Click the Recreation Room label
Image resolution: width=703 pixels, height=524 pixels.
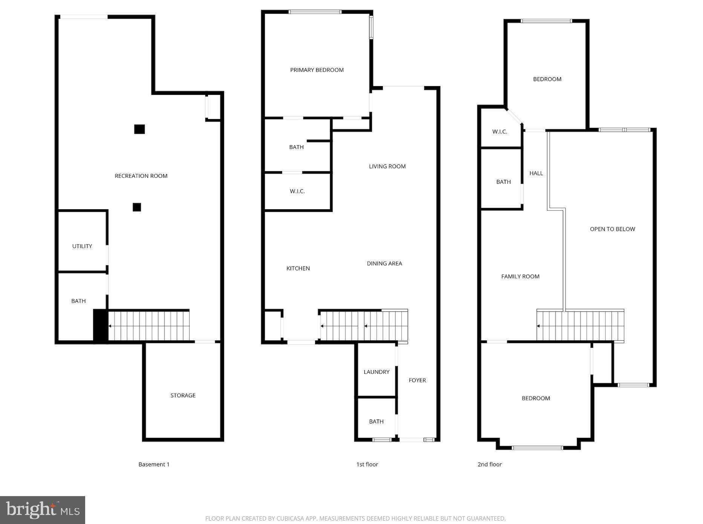(141, 176)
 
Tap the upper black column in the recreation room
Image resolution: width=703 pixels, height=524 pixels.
(139, 129)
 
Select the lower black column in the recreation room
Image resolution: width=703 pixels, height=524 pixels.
(137, 207)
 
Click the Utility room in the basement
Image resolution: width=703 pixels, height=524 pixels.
(82, 246)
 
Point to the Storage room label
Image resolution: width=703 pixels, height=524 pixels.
(183, 395)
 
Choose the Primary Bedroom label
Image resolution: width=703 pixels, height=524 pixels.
(317, 70)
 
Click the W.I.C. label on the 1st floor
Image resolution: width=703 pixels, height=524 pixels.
(297, 191)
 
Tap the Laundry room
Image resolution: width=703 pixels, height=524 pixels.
(376, 372)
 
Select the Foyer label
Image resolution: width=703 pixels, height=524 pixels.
(417, 380)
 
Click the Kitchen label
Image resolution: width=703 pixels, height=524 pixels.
(298, 268)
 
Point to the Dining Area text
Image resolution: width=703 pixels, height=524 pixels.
(384, 263)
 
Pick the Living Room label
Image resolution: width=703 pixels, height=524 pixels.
(387, 166)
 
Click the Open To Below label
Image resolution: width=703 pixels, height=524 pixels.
(612, 229)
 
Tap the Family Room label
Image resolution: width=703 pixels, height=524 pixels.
(520, 276)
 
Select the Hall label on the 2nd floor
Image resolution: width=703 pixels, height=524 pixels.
(536, 173)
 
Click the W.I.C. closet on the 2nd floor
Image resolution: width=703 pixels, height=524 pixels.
(500, 132)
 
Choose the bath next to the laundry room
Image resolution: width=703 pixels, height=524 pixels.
(376, 421)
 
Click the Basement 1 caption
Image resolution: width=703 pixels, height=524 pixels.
(154, 464)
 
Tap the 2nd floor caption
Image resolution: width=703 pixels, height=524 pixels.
(489, 464)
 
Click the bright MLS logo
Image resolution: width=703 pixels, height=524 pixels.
(43, 510)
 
